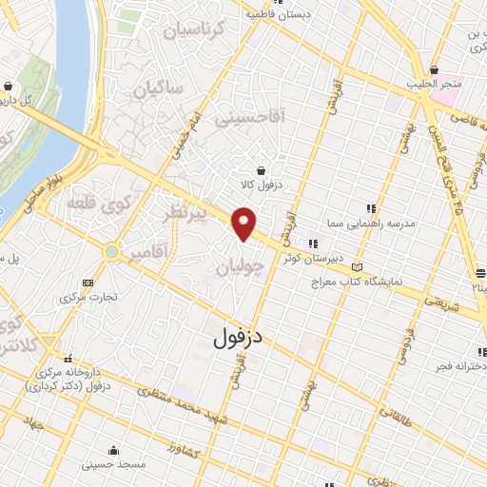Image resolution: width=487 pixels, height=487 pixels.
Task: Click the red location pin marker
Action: (244, 224)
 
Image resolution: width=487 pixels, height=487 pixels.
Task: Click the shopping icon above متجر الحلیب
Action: (436, 71)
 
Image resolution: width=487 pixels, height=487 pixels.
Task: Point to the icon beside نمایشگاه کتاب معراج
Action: (358, 267)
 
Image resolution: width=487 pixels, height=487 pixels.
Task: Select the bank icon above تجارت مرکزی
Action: (88, 282)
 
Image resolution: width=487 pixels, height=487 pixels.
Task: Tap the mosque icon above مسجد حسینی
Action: (114, 450)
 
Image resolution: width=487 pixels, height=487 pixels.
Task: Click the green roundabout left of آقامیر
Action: (113, 252)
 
